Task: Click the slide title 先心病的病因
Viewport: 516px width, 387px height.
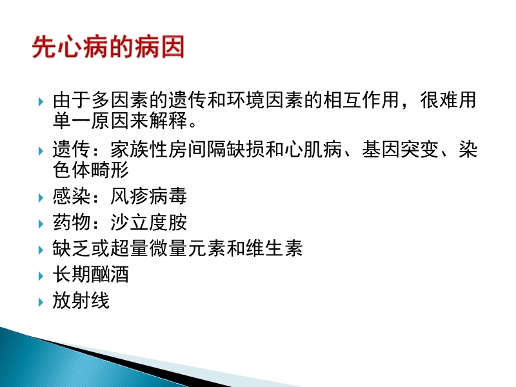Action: [108, 48]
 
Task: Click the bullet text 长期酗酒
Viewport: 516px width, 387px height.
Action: [91, 274]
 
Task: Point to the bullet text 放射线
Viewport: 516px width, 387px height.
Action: [81, 300]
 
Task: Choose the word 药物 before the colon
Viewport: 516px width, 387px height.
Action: [72, 223]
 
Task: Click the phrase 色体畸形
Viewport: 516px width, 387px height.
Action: [91, 170]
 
